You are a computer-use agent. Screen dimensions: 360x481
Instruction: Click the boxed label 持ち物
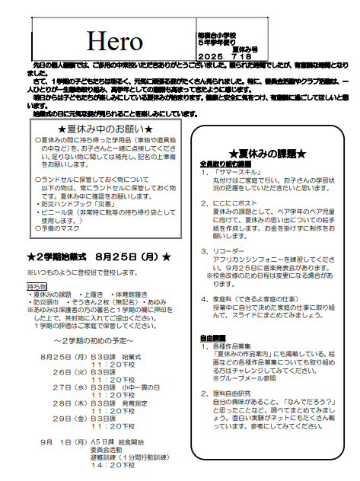point(38,285)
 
